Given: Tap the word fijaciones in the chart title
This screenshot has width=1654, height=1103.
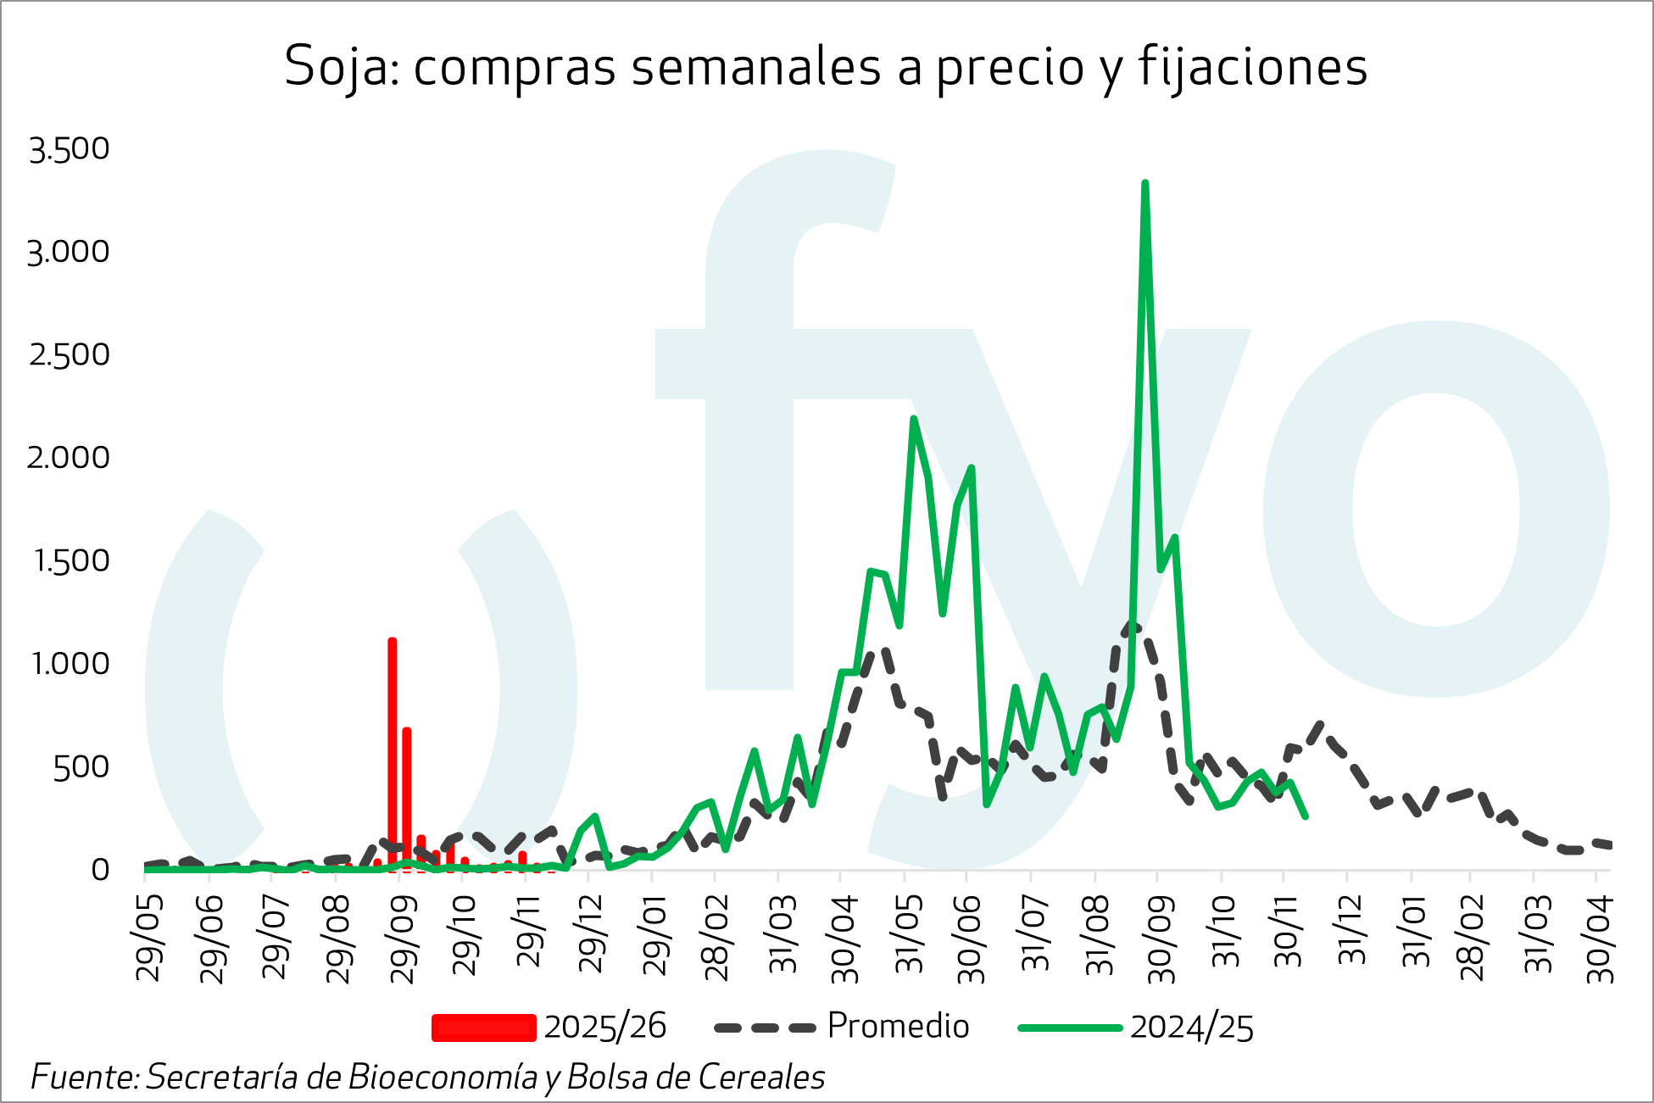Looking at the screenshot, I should coord(1252,67).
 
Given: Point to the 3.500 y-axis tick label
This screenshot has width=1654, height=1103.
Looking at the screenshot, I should coord(70,149).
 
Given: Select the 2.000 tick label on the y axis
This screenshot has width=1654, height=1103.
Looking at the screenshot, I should coord(69,458).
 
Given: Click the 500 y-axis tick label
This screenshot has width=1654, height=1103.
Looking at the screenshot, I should coord(81,767).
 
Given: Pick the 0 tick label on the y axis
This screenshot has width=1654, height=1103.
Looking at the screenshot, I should coord(101,870).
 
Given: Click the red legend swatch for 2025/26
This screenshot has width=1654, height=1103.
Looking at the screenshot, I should coord(483,1028).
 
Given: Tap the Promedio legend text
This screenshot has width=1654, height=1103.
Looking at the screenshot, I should coord(898,1027).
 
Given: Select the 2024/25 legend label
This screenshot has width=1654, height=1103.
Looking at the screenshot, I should coord(1191,1028).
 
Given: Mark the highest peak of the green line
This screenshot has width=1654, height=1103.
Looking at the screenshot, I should coord(1144,184).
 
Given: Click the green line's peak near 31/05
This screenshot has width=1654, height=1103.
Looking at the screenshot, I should coord(913,419).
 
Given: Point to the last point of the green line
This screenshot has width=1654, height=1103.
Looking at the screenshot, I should coord(1305,816).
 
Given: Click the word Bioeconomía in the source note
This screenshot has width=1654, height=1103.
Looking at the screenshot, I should coord(442,1078).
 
